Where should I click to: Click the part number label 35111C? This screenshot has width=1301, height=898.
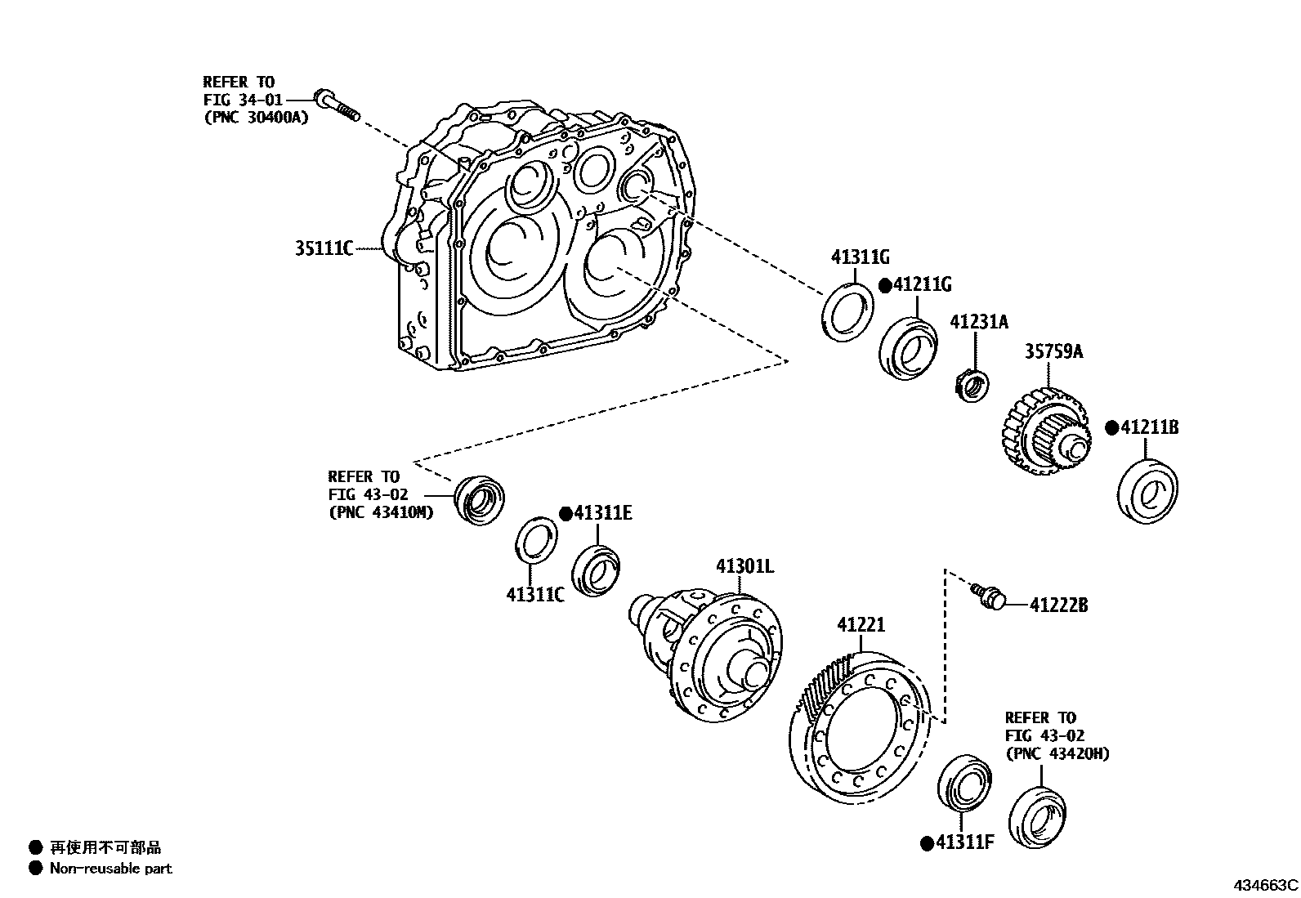tap(324, 248)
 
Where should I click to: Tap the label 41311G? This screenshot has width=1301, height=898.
tap(860, 257)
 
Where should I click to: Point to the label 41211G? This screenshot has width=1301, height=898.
tap(922, 284)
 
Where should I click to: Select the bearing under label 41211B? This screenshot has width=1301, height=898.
tap(1147, 492)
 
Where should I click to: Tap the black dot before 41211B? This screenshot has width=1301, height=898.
tap(1111, 427)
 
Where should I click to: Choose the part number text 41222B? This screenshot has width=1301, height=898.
tap(1058, 605)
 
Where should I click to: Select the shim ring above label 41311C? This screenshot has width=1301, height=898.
tap(535, 541)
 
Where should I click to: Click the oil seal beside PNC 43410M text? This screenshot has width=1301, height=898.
tap(479, 498)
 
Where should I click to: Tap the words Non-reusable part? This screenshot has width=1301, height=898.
tap(110, 869)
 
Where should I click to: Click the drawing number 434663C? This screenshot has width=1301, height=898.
tap(1265, 884)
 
